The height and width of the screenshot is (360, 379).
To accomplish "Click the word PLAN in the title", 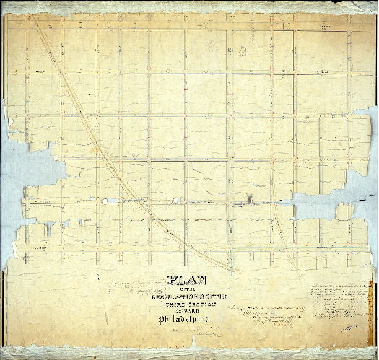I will tap(188, 281).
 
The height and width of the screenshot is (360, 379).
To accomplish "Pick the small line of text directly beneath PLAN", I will tap(188, 289).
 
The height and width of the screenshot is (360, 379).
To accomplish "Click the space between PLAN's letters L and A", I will tap(185, 281).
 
